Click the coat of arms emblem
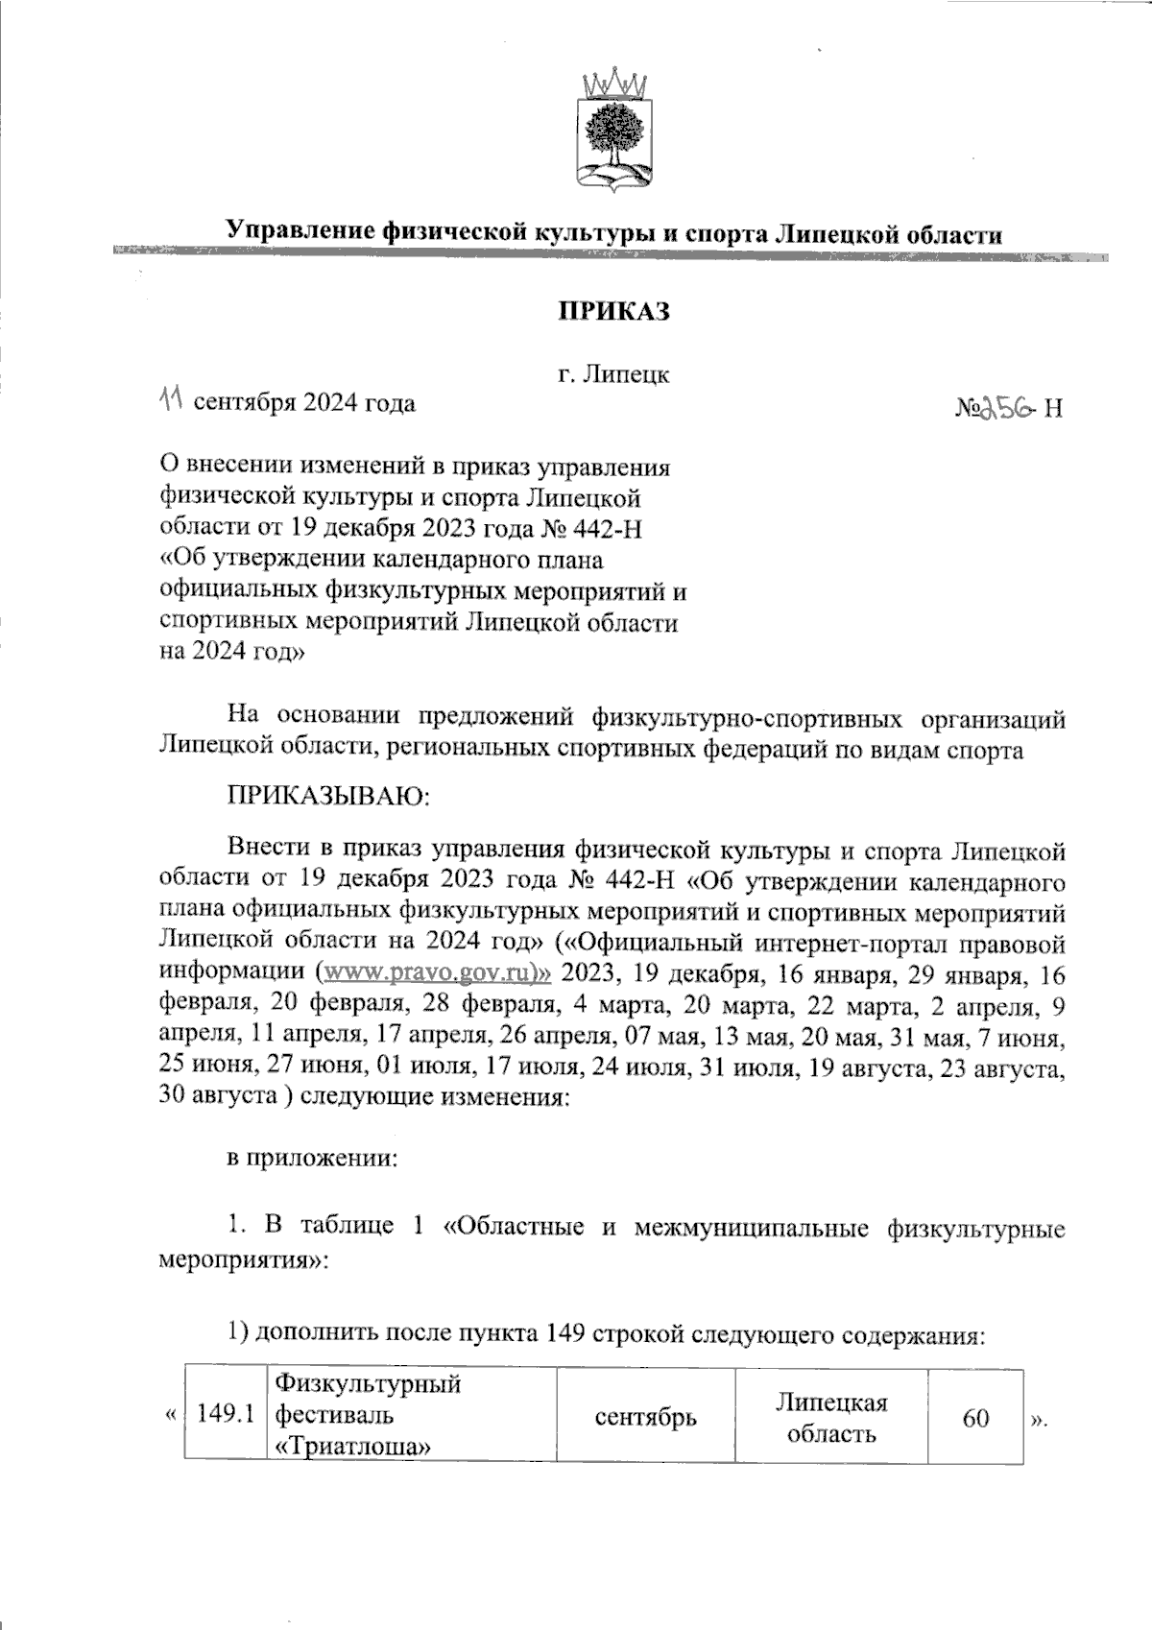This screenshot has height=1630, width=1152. [x=614, y=130]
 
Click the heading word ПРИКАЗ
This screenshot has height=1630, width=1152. [x=613, y=313]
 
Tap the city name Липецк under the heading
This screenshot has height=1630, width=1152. [x=630, y=375]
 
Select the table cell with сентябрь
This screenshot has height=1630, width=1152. [x=645, y=1417]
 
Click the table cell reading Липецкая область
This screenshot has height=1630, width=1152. [x=830, y=1417]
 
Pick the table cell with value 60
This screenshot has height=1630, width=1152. [x=975, y=1417]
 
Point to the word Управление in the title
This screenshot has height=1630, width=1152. [x=304, y=231]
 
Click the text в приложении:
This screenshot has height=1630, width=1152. [x=311, y=1159]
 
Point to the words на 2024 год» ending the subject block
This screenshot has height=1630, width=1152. [x=232, y=651]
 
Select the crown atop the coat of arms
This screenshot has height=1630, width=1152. [x=614, y=81]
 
